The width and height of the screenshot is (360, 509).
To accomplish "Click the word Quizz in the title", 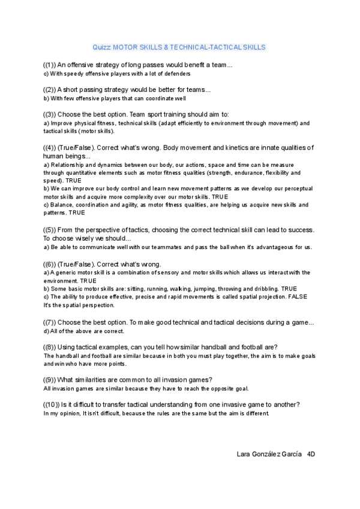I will click(x=101, y=47).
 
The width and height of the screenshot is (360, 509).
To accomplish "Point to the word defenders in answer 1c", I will click(x=176, y=74).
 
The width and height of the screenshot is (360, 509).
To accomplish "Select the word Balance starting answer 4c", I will click(x=61, y=205).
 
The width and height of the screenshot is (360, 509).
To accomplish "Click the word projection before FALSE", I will click(x=269, y=297).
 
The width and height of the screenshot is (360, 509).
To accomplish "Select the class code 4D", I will click(x=311, y=454).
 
